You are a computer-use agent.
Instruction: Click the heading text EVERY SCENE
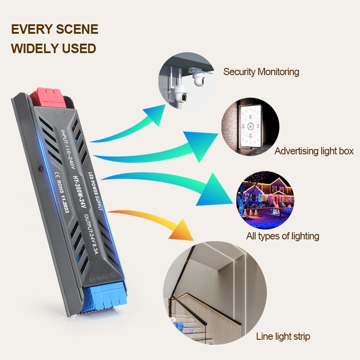tap(54, 29)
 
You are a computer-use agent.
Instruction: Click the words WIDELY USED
tap(53, 48)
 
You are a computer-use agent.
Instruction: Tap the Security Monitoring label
tap(261, 72)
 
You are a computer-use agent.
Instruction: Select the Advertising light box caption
tap(314, 151)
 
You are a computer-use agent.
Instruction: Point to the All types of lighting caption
tap(283, 236)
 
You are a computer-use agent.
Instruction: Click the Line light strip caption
tap(283, 336)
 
